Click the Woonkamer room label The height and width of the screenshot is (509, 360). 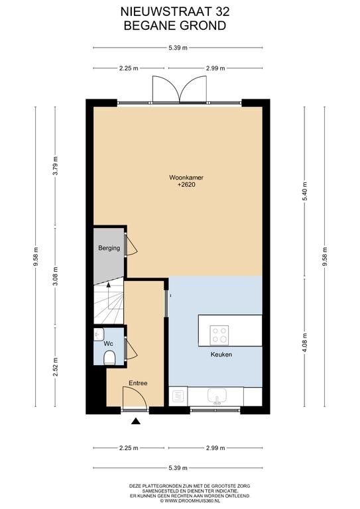[x=186, y=178]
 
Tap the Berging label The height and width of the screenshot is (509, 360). [x=109, y=248]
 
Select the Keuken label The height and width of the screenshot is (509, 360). [x=221, y=355]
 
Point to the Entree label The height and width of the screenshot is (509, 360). [x=138, y=383]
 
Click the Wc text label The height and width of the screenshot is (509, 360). [x=108, y=343]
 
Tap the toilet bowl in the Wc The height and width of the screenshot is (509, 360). [x=109, y=358]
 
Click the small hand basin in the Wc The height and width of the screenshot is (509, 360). [x=98, y=334]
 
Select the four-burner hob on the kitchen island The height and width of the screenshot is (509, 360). [x=219, y=335]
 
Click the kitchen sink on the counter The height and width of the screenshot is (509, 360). [x=217, y=396]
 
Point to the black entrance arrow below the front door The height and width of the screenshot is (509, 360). [x=136, y=422]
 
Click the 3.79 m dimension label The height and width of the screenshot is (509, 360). [x=56, y=166]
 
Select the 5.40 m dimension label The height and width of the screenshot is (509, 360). [x=305, y=192]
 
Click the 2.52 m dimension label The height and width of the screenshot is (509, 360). [x=56, y=367]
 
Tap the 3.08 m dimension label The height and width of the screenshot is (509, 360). [x=56, y=276]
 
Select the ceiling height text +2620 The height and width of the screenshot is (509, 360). [x=186, y=185]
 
